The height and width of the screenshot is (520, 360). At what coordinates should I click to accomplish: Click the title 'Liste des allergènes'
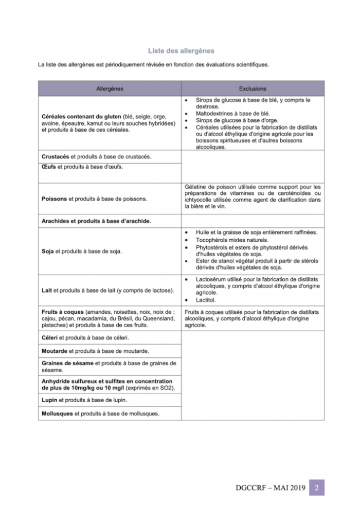tap(181, 51)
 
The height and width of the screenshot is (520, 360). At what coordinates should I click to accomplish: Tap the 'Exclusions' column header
tap(253, 89)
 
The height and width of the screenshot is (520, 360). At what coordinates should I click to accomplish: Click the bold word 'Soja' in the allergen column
tap(47, 251)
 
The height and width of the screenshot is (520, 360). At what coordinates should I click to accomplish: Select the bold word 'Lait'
tap(46, 291)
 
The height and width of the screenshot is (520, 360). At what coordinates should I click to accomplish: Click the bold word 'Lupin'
tap(49, 400)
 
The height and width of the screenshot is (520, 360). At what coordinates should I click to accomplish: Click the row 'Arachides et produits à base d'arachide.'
tap(96, 221)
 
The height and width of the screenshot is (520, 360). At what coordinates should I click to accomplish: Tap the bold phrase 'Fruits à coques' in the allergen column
tap(62, 312)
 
